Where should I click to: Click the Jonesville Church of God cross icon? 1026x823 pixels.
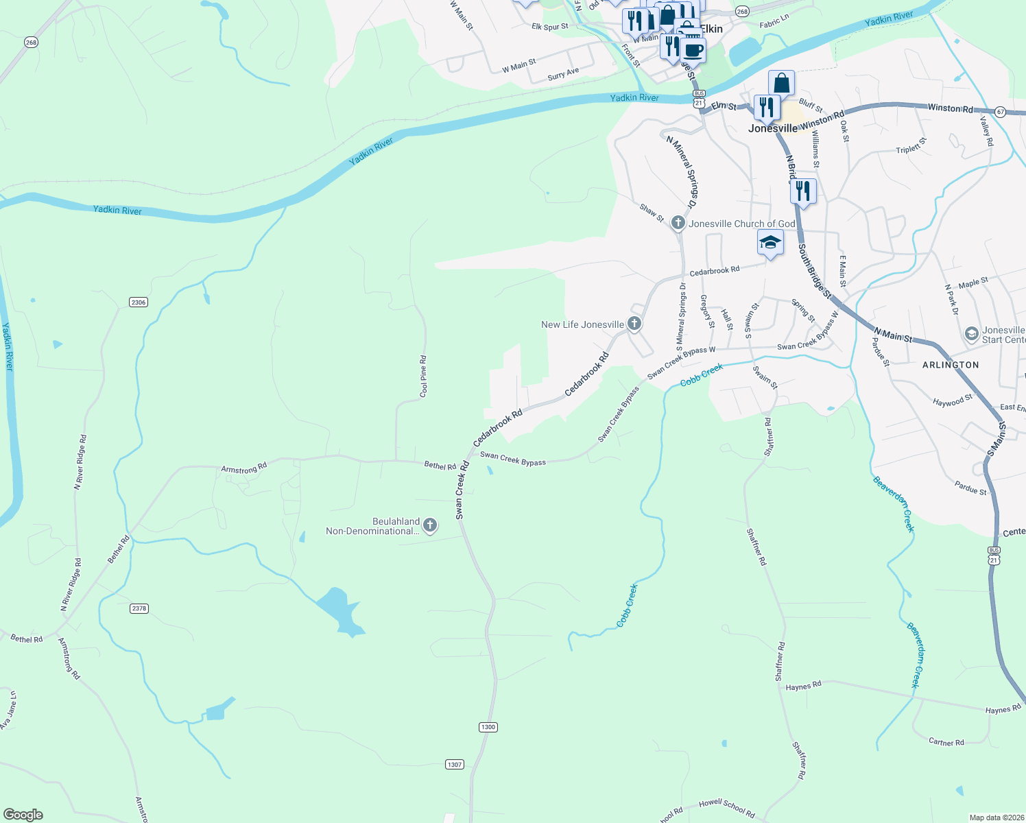678,223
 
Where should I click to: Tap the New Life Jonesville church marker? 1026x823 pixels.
634,324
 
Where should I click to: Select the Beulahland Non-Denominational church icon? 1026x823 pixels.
430,526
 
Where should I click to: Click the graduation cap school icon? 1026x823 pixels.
770,243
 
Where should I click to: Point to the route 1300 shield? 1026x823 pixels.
488,727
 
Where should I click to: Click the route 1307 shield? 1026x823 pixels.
455,764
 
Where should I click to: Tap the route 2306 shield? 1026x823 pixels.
139,302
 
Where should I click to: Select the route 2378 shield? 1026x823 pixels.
139,608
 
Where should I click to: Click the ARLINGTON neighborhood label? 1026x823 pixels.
950,365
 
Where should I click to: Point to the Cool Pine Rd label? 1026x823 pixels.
423,376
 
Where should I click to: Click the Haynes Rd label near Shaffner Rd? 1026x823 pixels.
803,686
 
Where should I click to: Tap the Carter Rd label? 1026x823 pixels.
946,742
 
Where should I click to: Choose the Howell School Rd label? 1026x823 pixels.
726,808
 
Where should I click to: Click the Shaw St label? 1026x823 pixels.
652,213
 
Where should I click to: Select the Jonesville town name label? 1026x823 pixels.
772,128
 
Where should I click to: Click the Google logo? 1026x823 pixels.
23,814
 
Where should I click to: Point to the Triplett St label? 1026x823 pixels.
911,145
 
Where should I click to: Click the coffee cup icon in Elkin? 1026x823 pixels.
693,50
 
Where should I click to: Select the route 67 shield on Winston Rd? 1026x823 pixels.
1001,112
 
